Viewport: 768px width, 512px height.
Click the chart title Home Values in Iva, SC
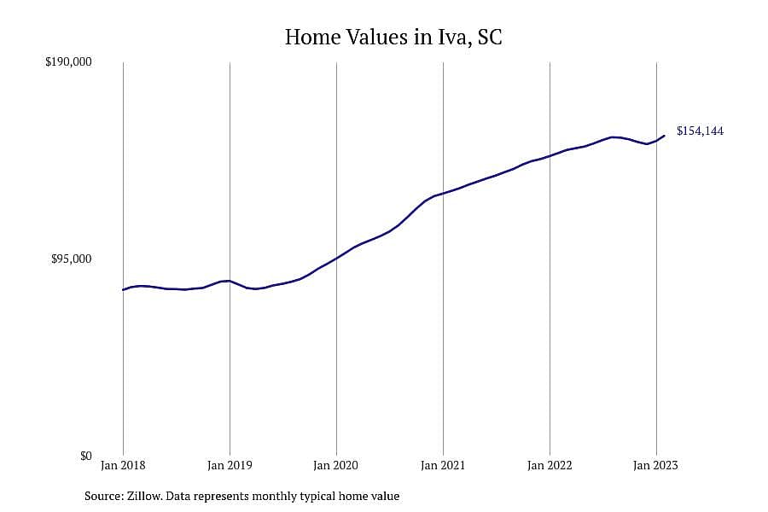[x=393, y=38]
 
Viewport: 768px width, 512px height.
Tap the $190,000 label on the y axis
[x=68, y=62]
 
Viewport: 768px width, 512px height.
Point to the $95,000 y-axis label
[x=72, y=259]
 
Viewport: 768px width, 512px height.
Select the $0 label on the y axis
[x=85, y=457]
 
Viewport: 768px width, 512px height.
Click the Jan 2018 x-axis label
[x=123, y=465]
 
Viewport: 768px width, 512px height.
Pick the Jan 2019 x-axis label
[x=230, y=465]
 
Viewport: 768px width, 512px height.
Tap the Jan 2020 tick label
[x=336, y=465]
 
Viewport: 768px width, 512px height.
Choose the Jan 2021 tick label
[x=443, y=465]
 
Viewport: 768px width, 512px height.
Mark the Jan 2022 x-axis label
[x=550, y=465]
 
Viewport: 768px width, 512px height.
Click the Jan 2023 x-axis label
[x=656, y=465]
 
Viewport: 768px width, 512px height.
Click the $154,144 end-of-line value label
[x=700, y=131]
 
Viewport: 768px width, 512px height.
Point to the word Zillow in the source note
[x=144, y=496]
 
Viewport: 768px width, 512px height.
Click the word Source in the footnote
[x=104, y=496]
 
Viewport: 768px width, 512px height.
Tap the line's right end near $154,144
[x=664, y=136]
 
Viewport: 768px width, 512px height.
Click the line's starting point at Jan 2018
[x=123, y=289]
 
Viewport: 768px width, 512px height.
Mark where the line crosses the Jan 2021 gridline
[x=443, y=194]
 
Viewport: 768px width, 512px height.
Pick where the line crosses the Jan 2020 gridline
[x=336, y=258]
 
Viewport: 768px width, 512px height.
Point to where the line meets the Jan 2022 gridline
[x=550, y=156]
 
